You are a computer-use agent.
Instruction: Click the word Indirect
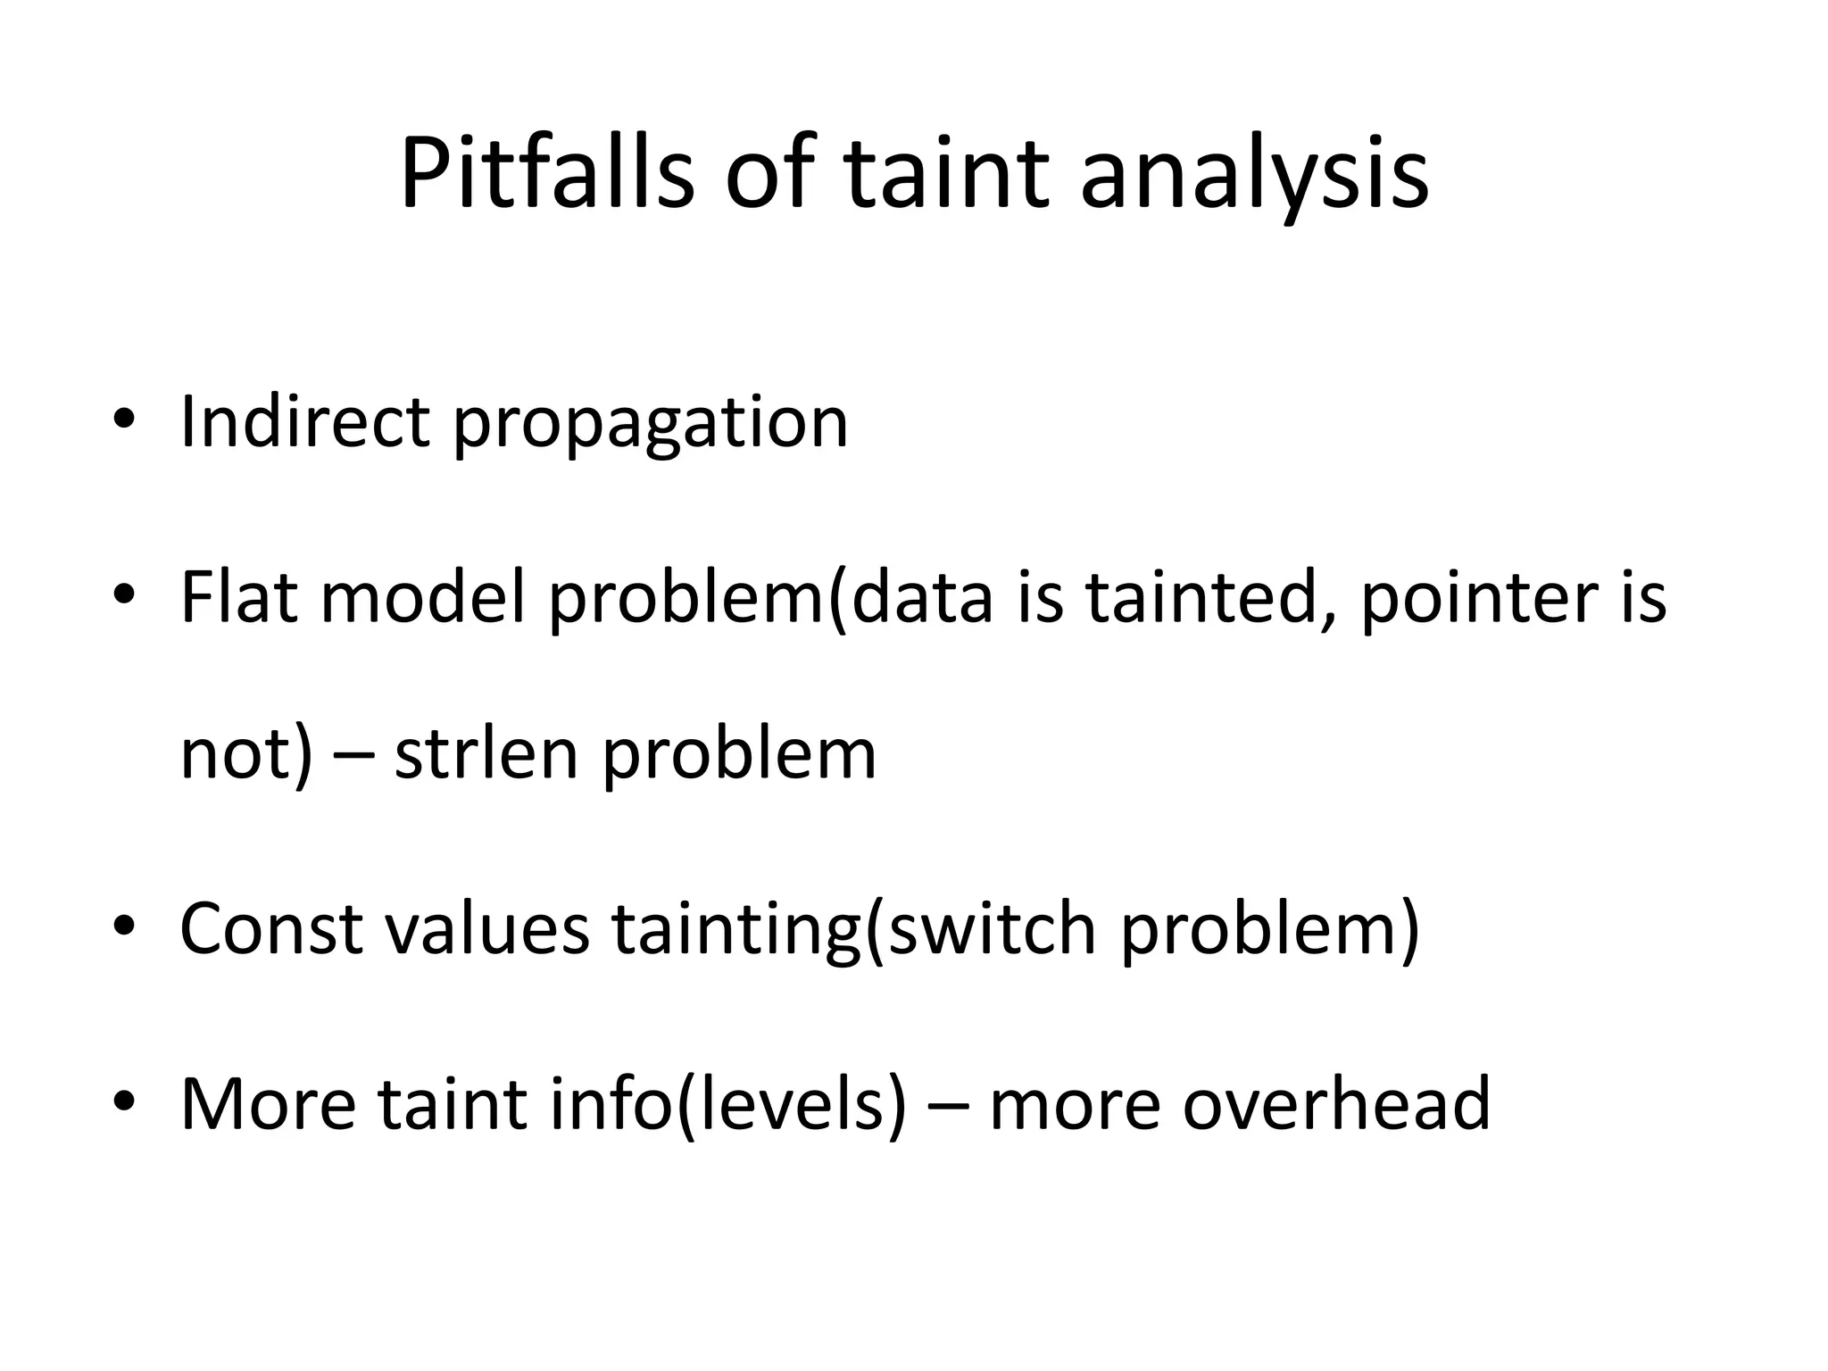(304, 421)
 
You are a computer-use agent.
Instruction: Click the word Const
(271, 928)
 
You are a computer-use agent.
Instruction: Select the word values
(487, 928)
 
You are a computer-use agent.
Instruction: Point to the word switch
(992, 928)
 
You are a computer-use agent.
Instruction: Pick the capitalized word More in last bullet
(268, 1103)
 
